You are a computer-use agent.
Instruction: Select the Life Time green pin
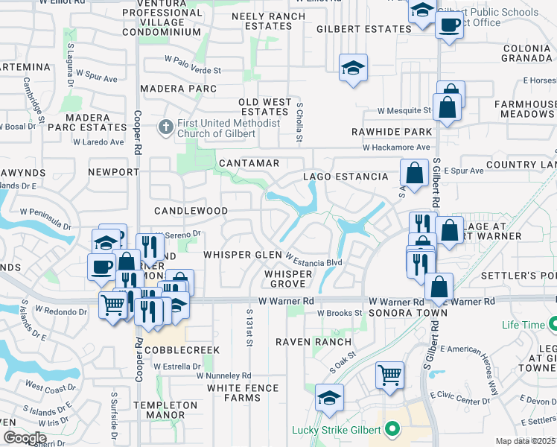point(553,324)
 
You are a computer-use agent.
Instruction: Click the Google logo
point(24,438)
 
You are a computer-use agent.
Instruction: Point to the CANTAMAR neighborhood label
point(249,162)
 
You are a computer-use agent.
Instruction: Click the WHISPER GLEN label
point(247,255)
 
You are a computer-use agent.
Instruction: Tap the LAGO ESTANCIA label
point(345,177)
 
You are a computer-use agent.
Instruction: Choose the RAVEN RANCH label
point(313,342)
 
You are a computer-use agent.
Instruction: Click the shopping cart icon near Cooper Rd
point(112,304)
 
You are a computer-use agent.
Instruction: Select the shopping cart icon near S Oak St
point(390,373)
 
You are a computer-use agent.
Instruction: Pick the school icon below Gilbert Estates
point(352,69)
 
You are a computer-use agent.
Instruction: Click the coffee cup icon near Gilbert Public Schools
point(448,25)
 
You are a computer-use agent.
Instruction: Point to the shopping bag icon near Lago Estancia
point(413,173)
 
